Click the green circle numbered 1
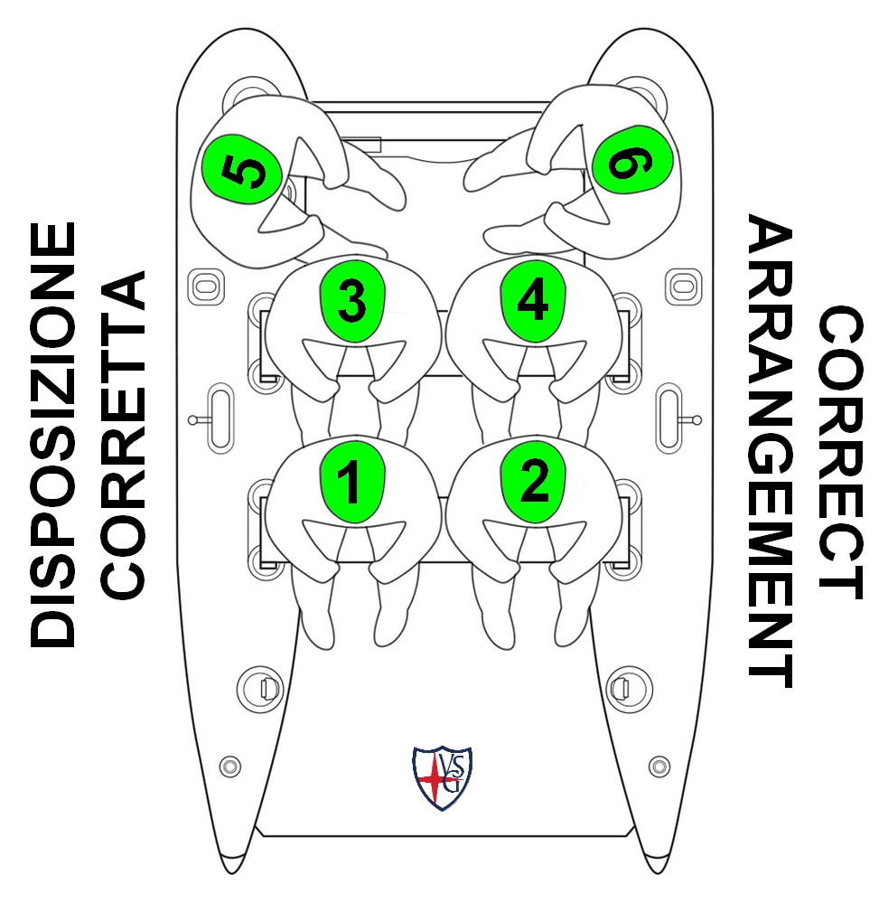352,482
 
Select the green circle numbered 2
533,482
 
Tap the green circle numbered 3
352,301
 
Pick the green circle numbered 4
533,301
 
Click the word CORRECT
840,452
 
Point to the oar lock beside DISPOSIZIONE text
217,419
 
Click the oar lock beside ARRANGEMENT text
672,419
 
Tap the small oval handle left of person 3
206,286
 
